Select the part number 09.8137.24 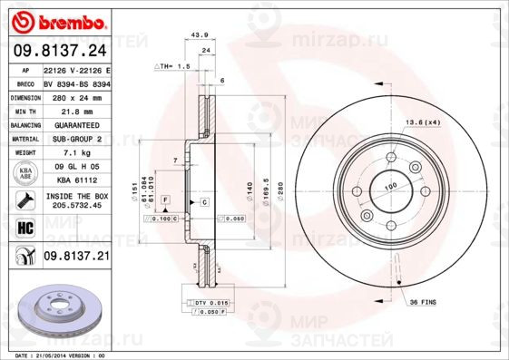[x=59, y=53]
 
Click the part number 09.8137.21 [x=76, y=258]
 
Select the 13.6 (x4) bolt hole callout [x=422, y=122]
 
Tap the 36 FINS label [x=424, y=301]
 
